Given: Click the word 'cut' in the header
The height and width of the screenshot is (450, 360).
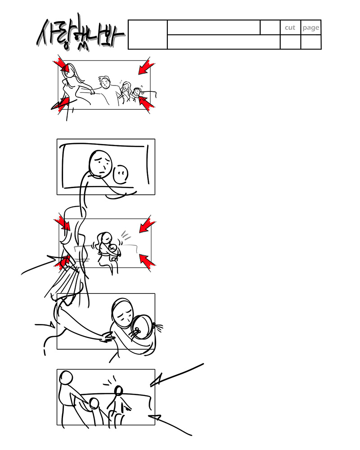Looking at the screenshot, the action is click(290, 27).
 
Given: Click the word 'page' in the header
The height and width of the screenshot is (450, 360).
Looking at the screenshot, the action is click(310, 28).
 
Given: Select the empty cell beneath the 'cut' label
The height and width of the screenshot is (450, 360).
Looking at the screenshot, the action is click(290, 42).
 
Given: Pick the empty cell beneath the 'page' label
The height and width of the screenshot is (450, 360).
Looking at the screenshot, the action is click(311, 42).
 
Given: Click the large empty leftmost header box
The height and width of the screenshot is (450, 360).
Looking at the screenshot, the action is click(148, 35).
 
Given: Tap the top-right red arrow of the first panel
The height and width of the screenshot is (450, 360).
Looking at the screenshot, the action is click(146, 67).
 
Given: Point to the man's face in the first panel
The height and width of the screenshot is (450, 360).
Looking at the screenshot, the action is click(105, 83).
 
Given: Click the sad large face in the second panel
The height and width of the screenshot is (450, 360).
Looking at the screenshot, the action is click(100, 163).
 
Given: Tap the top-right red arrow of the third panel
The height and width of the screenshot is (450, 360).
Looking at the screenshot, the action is click(147, 225).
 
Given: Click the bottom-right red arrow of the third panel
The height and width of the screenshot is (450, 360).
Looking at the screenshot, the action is click(147, 261).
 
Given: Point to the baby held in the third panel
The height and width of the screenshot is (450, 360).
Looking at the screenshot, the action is click(114, 250).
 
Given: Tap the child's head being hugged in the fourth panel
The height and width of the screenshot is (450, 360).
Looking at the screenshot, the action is click(142, 327).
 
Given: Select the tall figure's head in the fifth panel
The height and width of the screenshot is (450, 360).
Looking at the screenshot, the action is click(66, 378).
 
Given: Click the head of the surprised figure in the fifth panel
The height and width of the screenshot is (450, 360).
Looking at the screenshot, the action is click(118, 391).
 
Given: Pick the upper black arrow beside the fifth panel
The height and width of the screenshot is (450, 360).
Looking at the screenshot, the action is click(177, 375).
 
